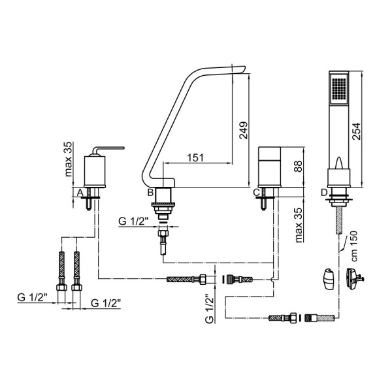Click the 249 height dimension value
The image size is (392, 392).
[243, 130]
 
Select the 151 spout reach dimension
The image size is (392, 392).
[195, 157]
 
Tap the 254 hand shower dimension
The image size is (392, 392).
[356, 131]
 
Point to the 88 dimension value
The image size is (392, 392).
[297, 166]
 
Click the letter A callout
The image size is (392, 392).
[80, 193]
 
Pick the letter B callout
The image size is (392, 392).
[150, 193]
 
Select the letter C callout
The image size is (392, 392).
[257, 193]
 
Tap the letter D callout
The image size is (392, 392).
[324, 193]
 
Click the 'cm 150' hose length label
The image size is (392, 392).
[354, 246]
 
